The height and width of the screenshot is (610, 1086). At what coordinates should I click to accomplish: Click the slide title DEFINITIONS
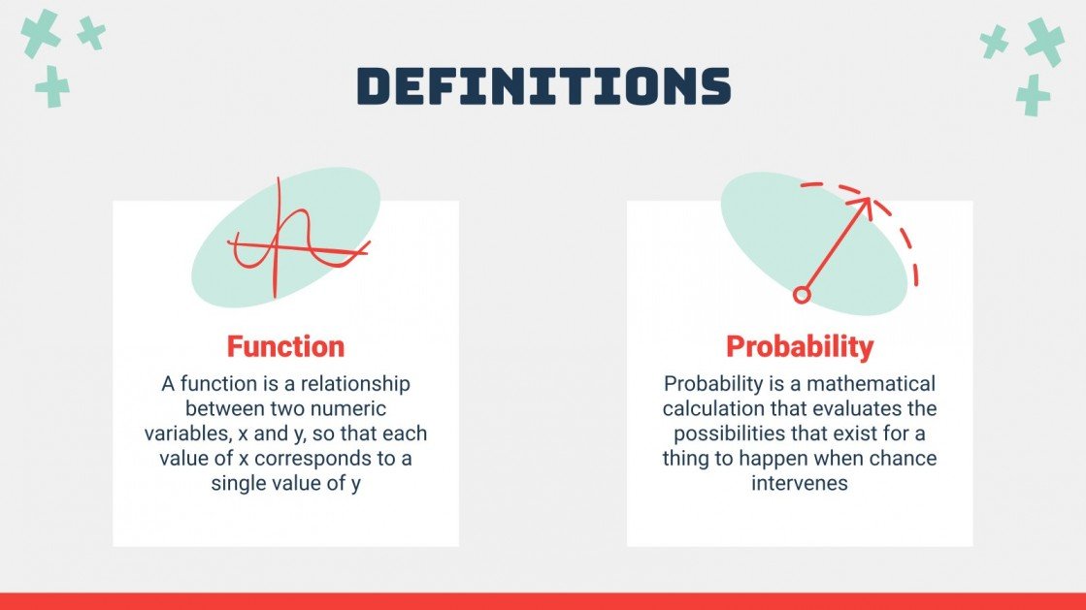[x=543, y=86]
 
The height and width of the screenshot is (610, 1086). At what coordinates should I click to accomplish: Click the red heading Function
[x=285, y=346]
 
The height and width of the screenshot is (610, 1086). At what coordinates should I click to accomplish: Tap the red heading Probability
[x=800, y=346]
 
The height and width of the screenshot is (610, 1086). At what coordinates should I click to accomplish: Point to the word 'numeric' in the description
[x=350, y=409]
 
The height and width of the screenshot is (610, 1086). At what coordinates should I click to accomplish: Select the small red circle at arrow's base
[x=802, y=295]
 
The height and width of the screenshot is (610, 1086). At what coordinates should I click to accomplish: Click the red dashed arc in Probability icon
[x=904, y=234]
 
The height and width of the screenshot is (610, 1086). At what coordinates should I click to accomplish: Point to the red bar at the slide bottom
[x=543, y=601]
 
